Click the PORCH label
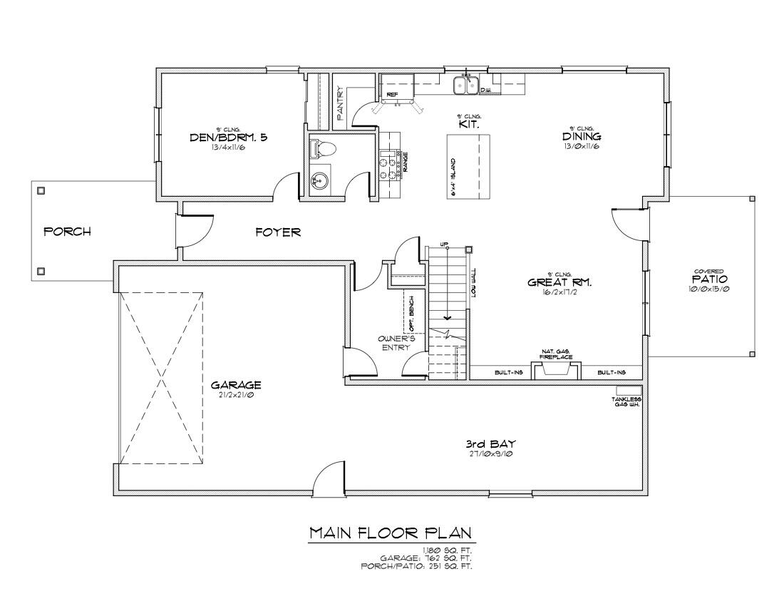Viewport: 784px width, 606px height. click(x=67, y=232)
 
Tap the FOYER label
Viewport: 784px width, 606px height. click(x=278, y=232)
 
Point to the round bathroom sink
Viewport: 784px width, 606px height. click(x=319, y=181)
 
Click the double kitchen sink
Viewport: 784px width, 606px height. click(x=467, y=86)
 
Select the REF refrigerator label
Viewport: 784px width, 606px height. click(x=391, y=94)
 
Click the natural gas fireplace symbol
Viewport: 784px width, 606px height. click(x=556, y=369)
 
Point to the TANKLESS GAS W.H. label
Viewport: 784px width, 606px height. click(x=628, y=401)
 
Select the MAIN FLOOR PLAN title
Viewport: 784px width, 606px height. click(x=391, y=533)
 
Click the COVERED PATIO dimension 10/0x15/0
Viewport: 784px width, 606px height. click(x=710, y=289)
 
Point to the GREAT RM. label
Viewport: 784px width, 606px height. click(x=559, y=282)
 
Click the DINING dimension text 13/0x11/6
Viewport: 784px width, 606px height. click(x=582, y=146)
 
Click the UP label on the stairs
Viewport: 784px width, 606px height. click(x=444, y=245)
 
